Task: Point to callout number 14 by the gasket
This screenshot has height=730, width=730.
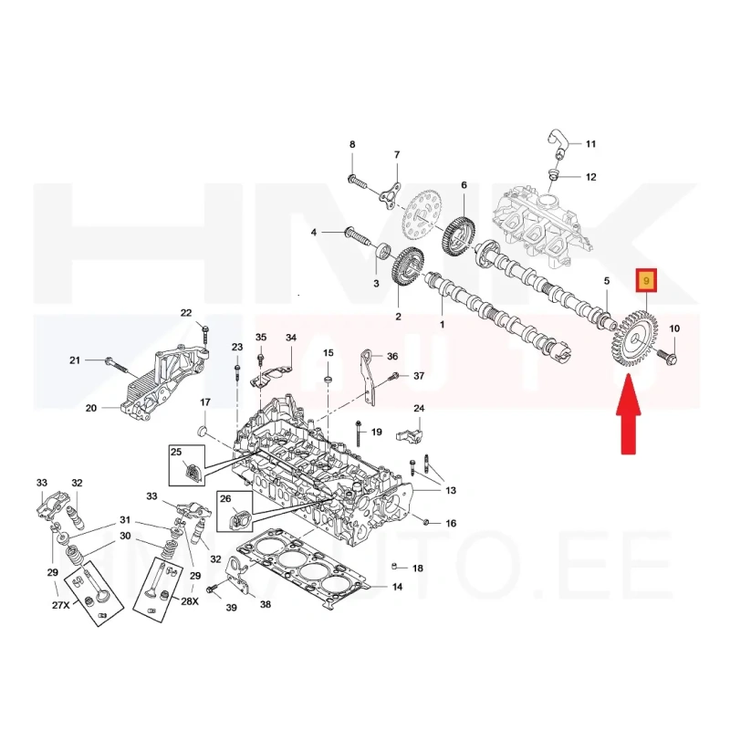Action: tap(397, 588)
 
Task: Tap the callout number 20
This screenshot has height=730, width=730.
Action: tap(90, 408)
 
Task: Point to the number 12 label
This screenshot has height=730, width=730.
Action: tap(590, 176)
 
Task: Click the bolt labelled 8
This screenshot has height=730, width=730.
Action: tap(354, 179)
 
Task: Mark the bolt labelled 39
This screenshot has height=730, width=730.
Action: tap(213, 589)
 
